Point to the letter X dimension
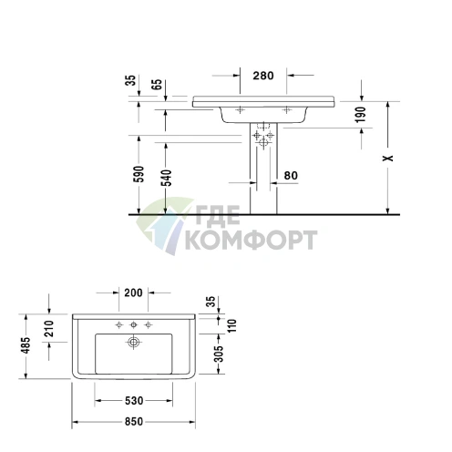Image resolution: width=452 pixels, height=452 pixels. point(388,158)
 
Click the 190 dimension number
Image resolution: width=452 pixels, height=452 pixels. point(362,115)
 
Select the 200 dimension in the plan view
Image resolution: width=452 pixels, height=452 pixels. point(133,293)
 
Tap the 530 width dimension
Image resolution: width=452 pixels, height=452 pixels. point(132,401)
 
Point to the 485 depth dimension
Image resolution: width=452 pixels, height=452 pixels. point(27,346)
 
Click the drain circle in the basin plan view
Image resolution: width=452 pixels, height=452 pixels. point(133,343)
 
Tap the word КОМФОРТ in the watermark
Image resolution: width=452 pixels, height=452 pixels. point(251,241)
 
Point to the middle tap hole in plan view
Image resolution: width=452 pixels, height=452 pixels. point(133,324)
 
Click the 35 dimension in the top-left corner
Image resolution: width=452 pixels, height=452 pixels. point(130,82)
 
